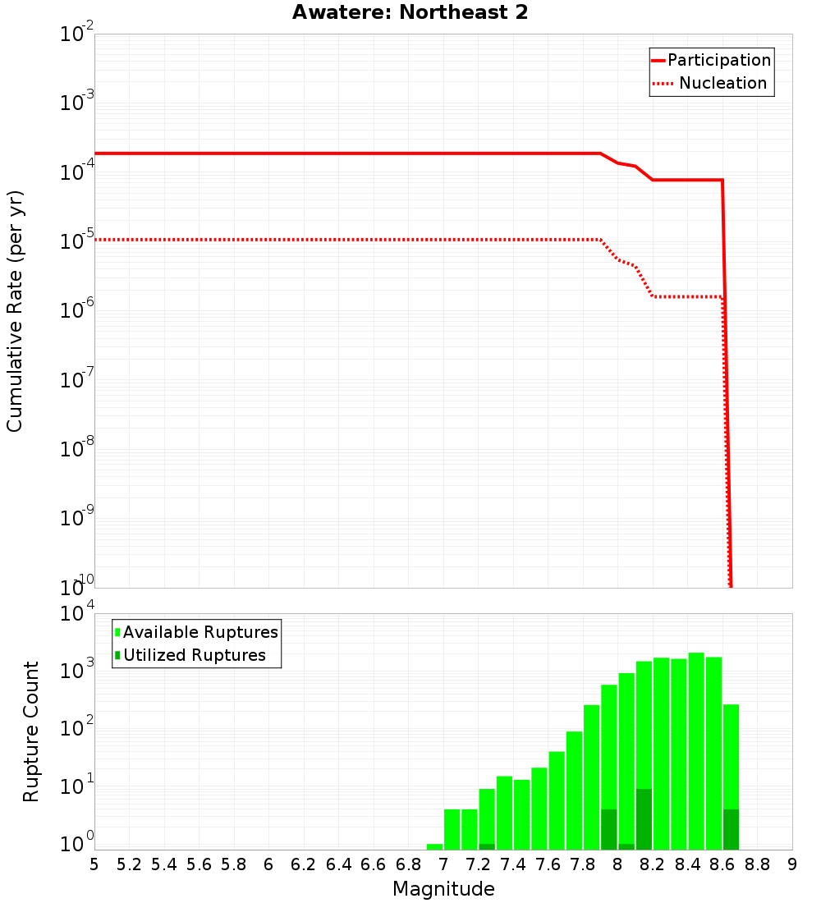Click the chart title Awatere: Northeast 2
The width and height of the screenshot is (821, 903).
point(410,13)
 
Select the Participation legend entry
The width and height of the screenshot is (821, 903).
point(719,61)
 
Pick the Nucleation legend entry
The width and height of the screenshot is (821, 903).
point(722,84)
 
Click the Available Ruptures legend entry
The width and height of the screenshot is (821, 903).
point(200,632)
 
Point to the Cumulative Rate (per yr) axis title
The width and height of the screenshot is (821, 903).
point(15,310)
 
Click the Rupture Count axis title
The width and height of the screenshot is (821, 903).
point(31,731)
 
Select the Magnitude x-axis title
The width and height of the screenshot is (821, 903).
point(443,889)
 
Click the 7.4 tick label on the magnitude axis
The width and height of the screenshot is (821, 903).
point(513,864)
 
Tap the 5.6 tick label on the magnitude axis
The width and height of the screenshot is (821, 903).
point(200,864)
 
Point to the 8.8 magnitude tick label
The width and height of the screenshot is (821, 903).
point(757,864)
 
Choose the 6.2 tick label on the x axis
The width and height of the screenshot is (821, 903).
point(304,864)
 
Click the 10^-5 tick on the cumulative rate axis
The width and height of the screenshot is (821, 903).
point(78,241)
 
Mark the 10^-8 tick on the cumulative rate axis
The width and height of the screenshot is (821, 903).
point(78,449)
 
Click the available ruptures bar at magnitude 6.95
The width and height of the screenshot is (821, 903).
point(434,846)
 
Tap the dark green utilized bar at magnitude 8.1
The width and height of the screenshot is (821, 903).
point(644,819)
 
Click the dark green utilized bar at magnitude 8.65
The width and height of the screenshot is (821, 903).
point(731,829)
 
